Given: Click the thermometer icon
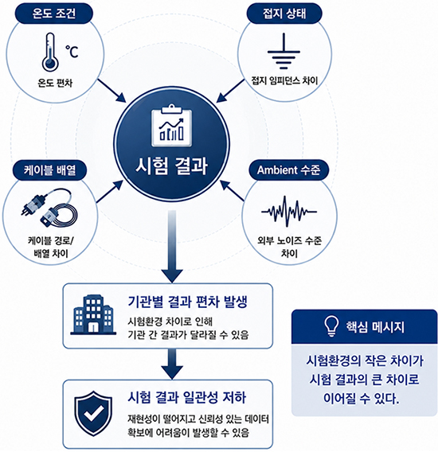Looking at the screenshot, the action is [x=50, y=52].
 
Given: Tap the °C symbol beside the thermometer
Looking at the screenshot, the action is [x=72, y=52].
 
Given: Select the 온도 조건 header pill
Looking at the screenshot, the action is [x=53, y=14].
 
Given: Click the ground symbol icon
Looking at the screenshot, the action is [x=284, y=51].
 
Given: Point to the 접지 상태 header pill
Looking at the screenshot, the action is [x=284, y=14].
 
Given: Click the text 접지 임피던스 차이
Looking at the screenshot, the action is [x=284, y=80].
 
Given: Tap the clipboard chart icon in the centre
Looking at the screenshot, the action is [x=172, y=126].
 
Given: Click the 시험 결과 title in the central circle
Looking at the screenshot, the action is [x=172, y=166].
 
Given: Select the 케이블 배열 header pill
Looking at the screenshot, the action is [x=49, y=170].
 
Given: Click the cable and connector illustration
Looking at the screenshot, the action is [x=49, y=207].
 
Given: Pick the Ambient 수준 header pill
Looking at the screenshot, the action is [x=288, y=170].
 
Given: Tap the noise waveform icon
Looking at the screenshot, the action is [x=289, y=212].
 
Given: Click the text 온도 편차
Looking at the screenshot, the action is [x=55, y=83].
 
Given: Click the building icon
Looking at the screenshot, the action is [x=93, y=315].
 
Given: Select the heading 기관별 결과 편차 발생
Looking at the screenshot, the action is [x=188, y=302].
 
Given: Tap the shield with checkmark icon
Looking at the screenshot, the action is [x=93, y=414].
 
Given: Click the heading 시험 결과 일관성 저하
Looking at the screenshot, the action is [x=187, y=398].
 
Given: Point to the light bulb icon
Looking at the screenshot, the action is [x=331, y=325].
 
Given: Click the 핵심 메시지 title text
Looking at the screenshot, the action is [x=375, y=327].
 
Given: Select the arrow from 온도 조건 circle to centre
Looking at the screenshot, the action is [x=111, y=90].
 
